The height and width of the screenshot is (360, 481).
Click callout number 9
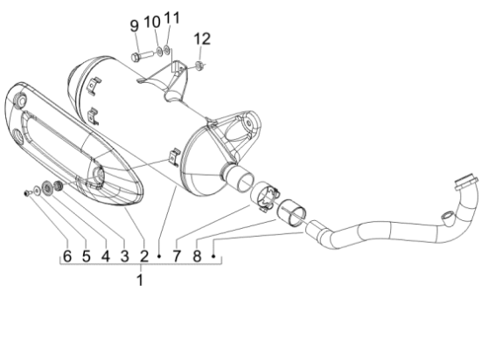tap(134, 23)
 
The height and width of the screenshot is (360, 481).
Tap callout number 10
tap(151, 21)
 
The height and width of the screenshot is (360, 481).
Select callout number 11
tap(171, 19)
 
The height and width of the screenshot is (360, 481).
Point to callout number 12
tap(202, 38)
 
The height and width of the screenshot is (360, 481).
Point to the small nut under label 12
tap(201, 64)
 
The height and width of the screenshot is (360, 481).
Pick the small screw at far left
tap(29, 192)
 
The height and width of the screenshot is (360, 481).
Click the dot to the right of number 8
tap(213, 257)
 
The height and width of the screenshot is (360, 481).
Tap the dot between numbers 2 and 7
tap(159, 257)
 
